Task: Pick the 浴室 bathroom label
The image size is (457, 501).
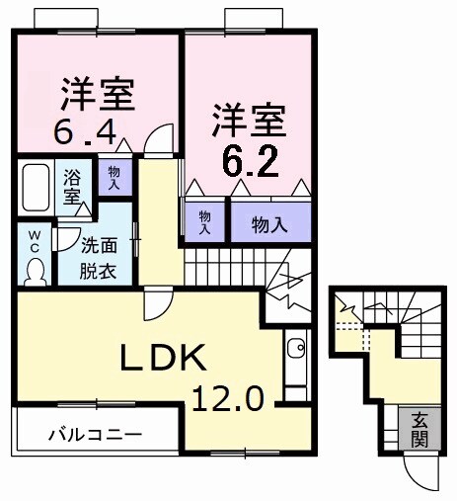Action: tap(73, 187)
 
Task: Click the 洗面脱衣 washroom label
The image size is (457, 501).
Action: tap(97, 260)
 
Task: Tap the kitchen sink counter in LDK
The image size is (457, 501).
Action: tap(295, 366)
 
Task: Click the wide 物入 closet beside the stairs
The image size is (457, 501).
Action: tap(268, 223)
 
